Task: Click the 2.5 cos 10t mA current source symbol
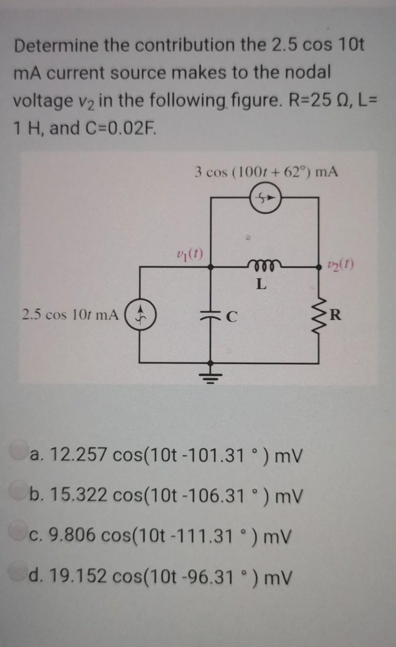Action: click(140, 315)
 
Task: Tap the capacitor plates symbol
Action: click(210, 315)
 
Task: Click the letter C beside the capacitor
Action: click(232, 316)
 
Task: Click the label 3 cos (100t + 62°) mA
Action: click(266, 171)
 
